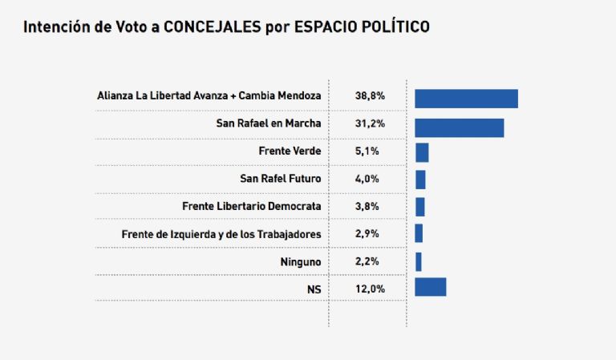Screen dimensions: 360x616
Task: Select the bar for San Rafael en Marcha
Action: pyautogui.click(x=459, y=127)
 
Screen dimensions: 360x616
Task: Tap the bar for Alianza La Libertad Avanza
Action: pyautogui.click(x=466, y=99)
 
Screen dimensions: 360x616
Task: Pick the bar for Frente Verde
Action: pyautogui.click(x=422, y=152)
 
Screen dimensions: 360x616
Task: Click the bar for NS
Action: pyautogui.click(x=430, y=287)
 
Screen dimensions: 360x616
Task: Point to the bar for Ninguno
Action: pyautogui.click(x=418, y=261)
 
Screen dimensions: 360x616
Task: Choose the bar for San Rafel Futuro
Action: pyautogui.click(x=420, y=180)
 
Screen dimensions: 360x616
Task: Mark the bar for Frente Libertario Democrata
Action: pyautogui.click(x=419, y=207)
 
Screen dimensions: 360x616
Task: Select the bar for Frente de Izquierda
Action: pyautogui.click(x=419, y=233)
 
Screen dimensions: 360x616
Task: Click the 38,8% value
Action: pyautogui.click(x=370, y=96)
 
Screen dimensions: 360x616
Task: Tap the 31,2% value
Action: pyautogui.click(x=370, y=123)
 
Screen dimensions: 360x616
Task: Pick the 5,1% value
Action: pyautogui.click(x=370, y=151)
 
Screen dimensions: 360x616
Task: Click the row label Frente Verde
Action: pyautogui.click(x=290, y=151)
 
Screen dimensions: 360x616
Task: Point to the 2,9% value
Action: pyautogui.click(x=370, y=234)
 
